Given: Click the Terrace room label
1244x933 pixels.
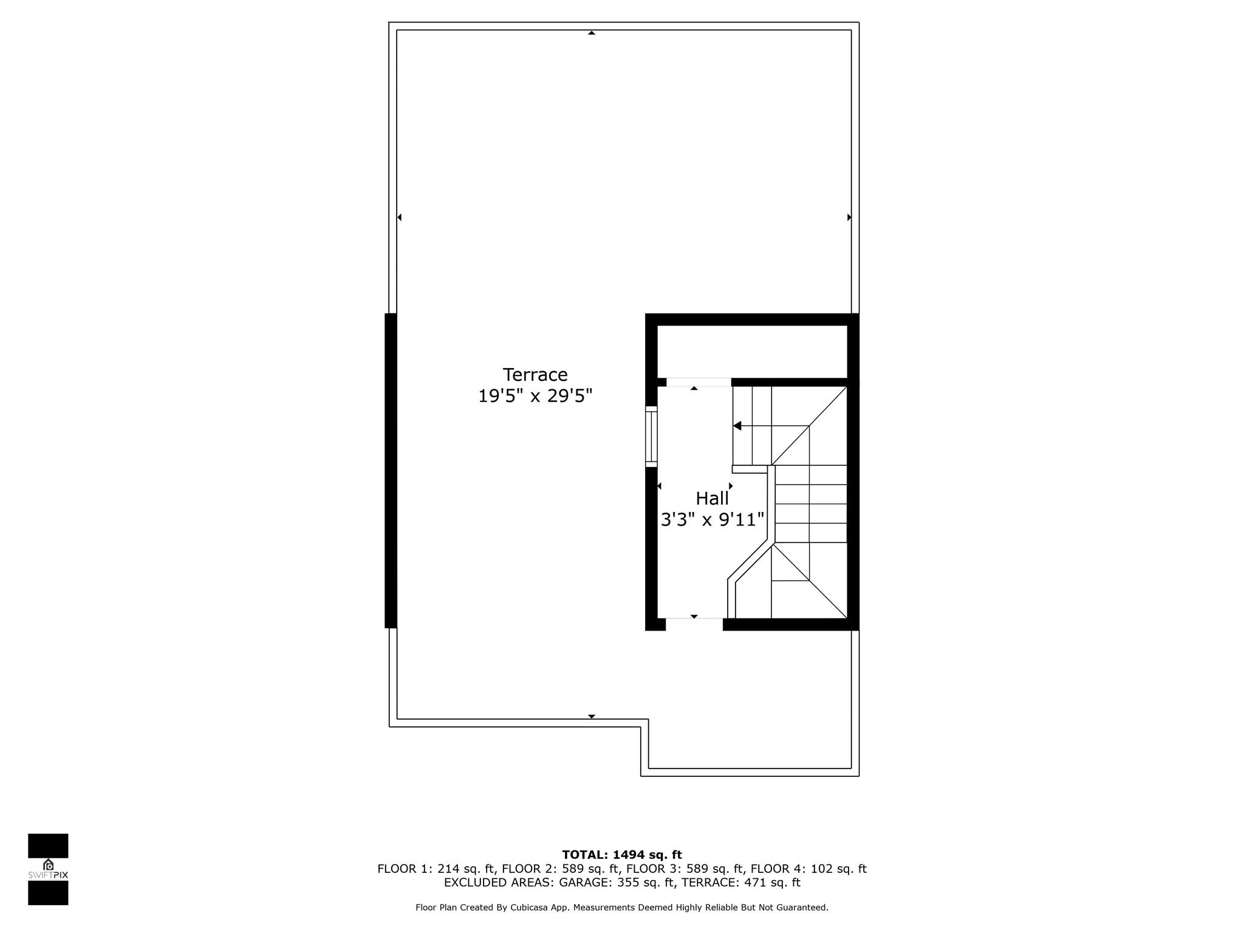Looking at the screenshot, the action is (x=535, y=374).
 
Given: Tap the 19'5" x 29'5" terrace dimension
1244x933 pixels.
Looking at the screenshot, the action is (x=535, y=396).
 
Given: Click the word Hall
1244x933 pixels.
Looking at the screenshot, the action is (x=712, y=498).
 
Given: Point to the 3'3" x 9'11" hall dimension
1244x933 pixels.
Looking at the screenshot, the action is (x=712, y=520).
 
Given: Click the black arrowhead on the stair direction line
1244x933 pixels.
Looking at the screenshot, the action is (x=737, y=426).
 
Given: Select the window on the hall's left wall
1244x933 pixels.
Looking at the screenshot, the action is (x=651, y=436).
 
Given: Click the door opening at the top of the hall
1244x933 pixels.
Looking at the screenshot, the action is (x=699, y=382).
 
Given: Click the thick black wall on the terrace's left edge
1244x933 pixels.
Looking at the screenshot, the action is (x=391, y=471).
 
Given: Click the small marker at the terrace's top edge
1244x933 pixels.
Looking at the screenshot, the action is (x=591, y=33).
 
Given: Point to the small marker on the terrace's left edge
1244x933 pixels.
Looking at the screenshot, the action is (x=399, y=217).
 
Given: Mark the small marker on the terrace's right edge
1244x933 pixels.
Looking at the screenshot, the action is (x=849, y=217).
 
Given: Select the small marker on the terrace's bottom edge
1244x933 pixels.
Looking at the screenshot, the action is (x=591, y=717).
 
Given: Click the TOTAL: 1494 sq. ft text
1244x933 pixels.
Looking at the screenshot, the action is (x=622, y=855).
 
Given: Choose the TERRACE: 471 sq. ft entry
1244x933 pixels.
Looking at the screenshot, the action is (x=741, y=883).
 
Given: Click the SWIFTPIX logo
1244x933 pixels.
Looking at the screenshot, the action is (x=48, y=869).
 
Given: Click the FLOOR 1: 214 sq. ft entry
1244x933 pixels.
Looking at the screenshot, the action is (x=436, y=869).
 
